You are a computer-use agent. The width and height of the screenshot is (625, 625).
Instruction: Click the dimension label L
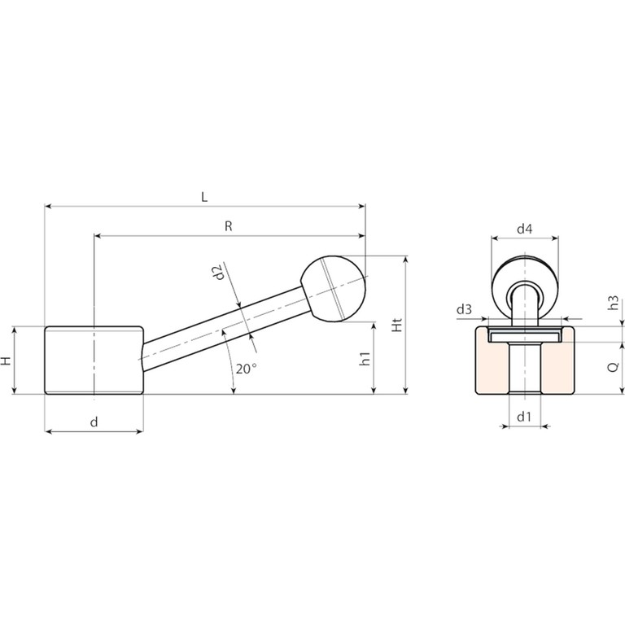click(x=204, y=197)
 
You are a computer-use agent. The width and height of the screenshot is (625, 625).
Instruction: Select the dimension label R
click(x=229, y=226)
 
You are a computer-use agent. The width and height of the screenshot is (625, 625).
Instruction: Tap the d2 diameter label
click(x=218, y=273)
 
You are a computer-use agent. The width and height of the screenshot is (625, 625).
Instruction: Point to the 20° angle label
click(x=245, y=369)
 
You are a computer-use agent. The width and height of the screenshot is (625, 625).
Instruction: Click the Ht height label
click(x=397, y=325)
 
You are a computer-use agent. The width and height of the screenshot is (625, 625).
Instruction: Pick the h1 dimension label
click(x=365, y=359)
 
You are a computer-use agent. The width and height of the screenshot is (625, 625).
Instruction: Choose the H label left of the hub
click(x=6, y=361)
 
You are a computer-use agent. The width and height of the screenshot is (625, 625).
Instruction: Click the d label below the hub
click(x=94, y=422)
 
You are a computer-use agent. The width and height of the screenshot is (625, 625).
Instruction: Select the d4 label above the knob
click(x=525, y=229)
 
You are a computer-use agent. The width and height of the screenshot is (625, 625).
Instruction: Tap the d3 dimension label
click(x=464, y=309)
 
